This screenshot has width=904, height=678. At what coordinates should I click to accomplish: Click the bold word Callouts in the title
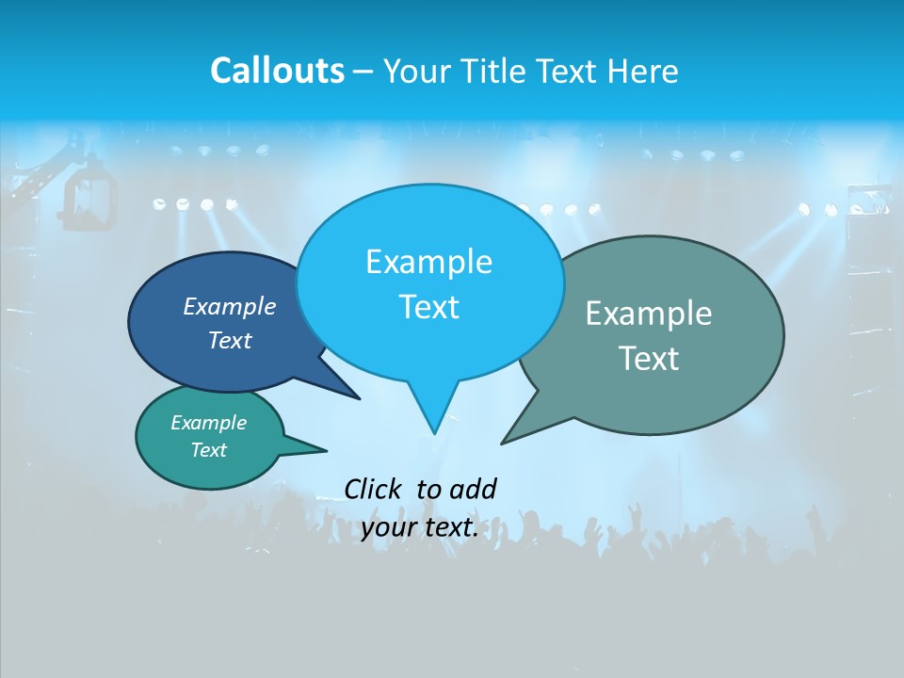coord(277,71)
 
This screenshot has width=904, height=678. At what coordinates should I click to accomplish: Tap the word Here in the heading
coord(643,71)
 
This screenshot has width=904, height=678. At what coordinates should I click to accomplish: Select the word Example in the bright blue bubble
coord(428,262)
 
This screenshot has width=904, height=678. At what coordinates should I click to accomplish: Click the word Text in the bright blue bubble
coord(428,307)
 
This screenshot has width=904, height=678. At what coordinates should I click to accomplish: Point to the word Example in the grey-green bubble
coord(649,314)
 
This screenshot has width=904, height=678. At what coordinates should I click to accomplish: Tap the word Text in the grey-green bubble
coord(649,359)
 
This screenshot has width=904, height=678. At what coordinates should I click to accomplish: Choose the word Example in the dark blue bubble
coord(230,306)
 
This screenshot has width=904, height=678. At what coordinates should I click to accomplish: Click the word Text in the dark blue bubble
coord(230,340)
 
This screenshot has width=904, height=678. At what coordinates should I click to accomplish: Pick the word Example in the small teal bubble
coord(208,423)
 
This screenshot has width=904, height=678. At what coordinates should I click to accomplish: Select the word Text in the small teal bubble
coord(208,450)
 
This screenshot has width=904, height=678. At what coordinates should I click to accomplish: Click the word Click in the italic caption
coord(375,489)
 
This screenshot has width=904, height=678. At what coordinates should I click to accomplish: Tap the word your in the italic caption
coord(389,527)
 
